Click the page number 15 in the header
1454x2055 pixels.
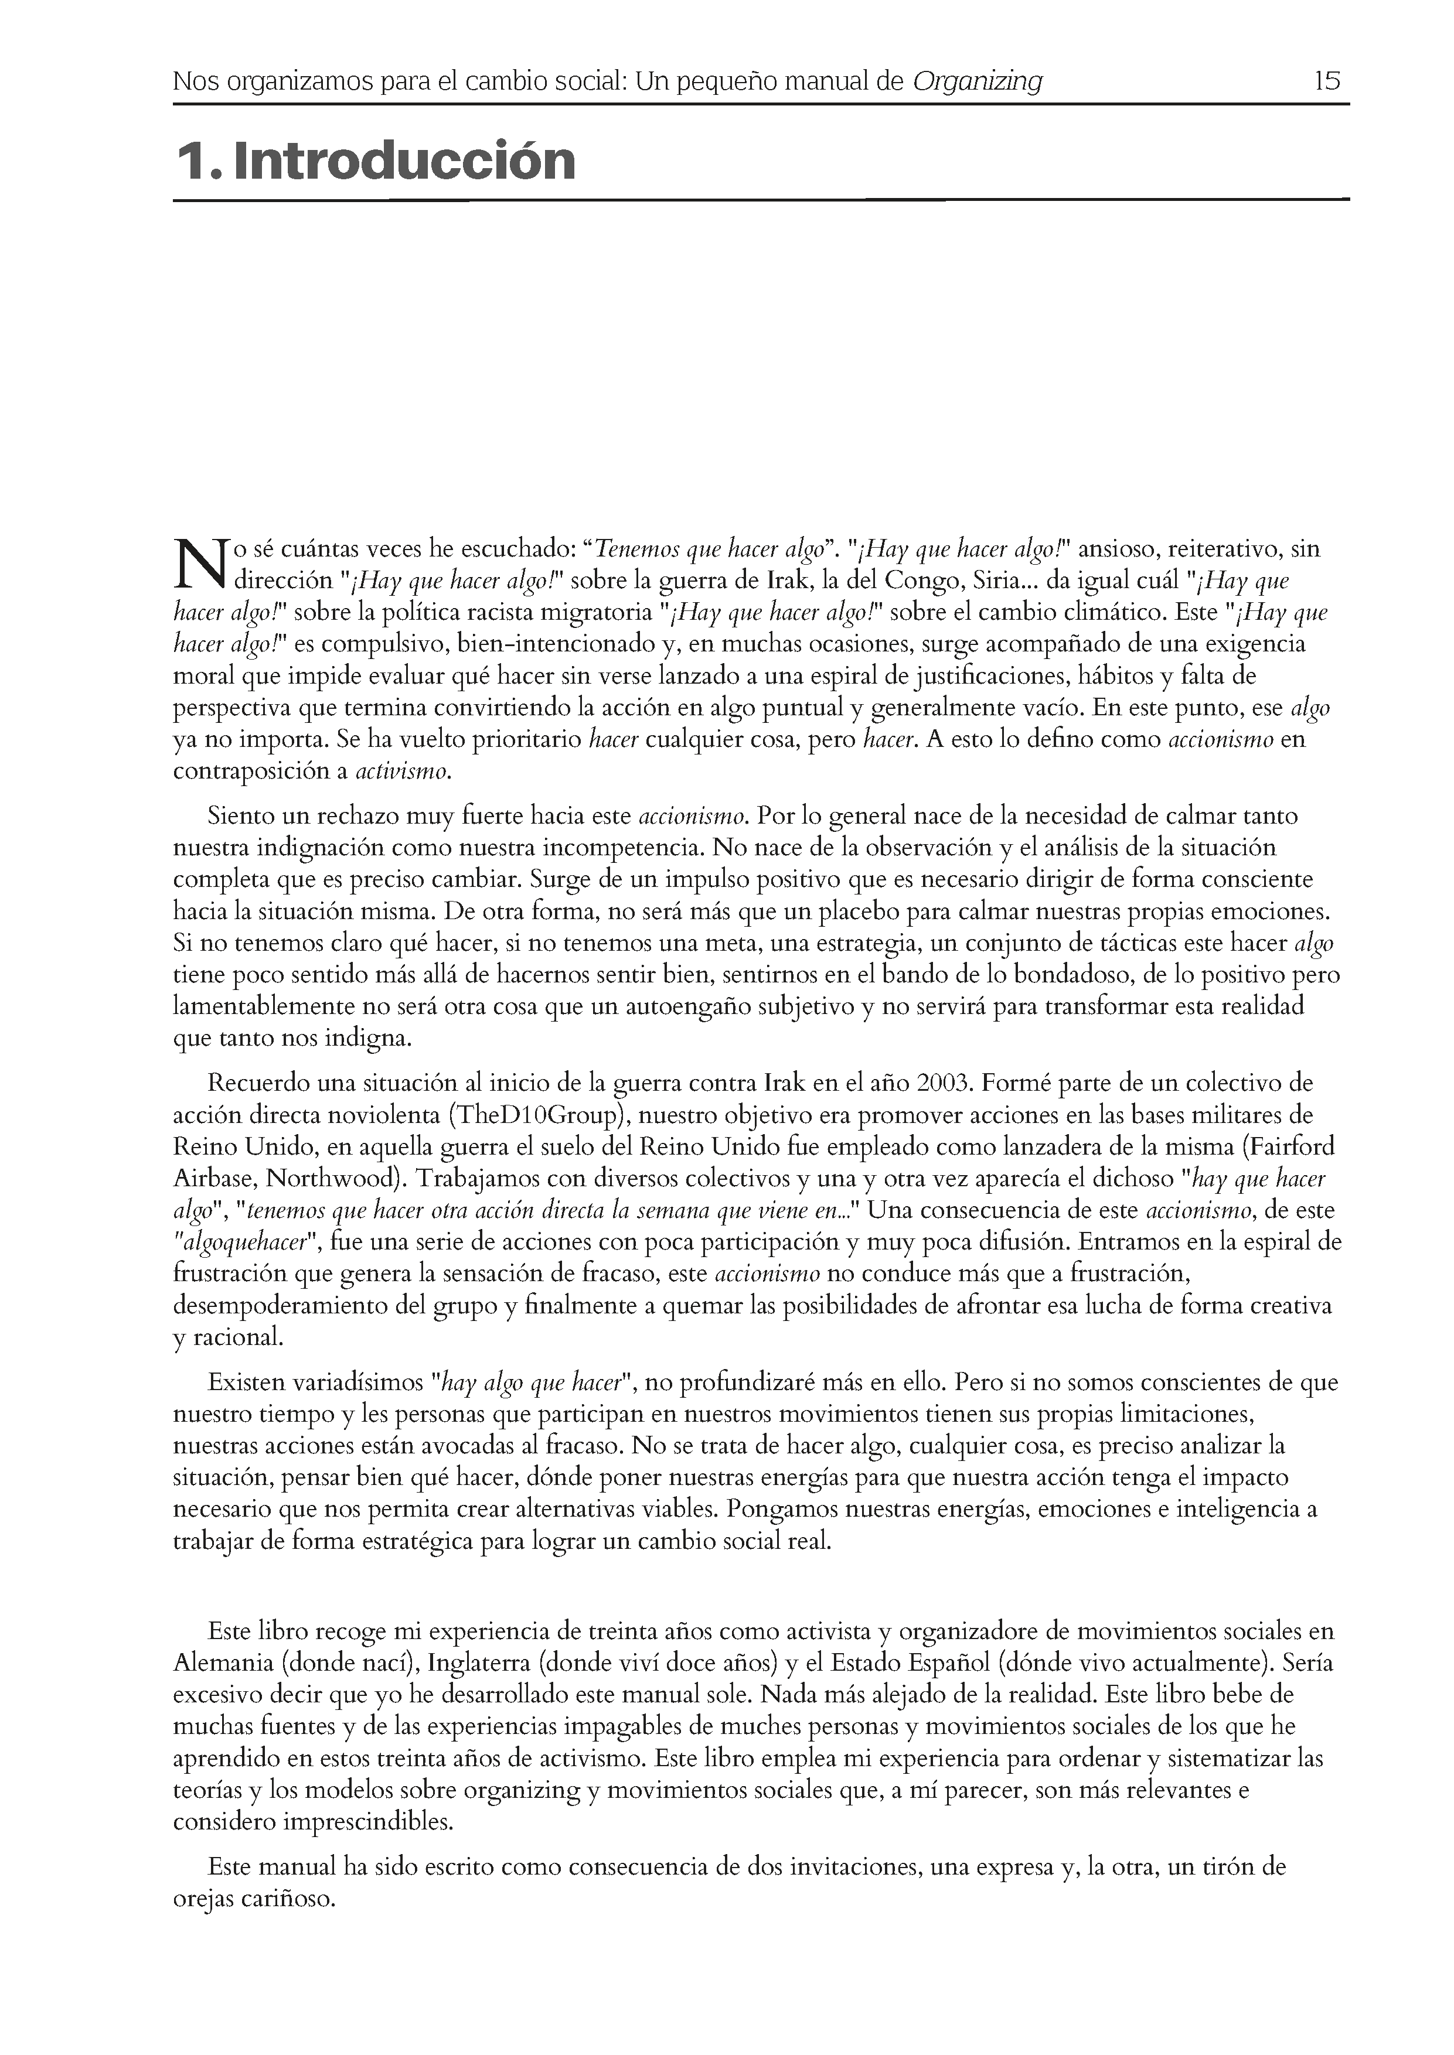[1327, 81]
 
